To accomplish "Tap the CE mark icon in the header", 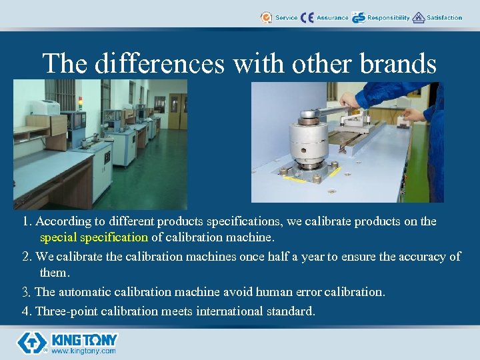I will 307,18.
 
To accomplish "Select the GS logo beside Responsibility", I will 359,18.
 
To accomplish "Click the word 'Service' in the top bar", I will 287,18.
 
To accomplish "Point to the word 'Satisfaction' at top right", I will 444,18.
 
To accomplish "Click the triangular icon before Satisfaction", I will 419,18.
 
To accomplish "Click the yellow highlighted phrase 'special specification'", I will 94,237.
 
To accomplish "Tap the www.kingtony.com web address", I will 83,351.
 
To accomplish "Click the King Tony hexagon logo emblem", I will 31,343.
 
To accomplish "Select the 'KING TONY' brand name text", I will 85,339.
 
